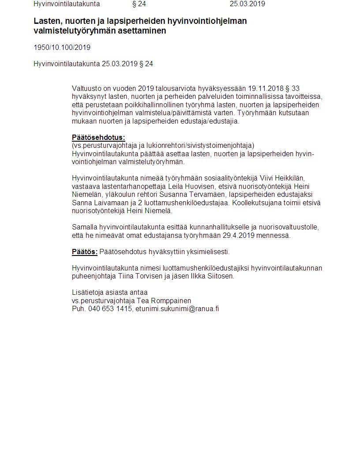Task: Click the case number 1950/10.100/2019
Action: pos(62,47)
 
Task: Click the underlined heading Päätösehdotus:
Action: pos(98,137)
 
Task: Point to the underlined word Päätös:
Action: pos(85,252)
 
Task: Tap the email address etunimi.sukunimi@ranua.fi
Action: pos(177,309)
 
